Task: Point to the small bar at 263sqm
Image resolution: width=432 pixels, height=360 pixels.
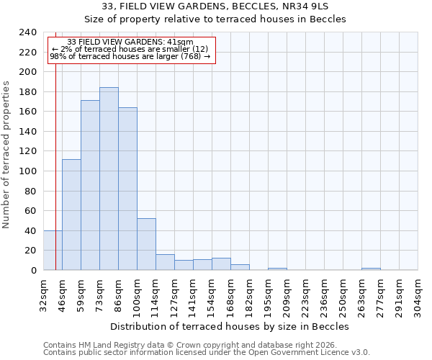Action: (x=371, y=269)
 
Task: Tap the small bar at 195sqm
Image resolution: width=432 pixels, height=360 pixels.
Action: (x=277, y=269)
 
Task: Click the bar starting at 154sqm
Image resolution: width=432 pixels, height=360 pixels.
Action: (x=221, y=264)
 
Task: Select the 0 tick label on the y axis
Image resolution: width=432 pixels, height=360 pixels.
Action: (x=33, y=271)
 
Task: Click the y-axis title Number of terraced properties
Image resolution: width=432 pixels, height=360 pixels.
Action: (x=7, y=154)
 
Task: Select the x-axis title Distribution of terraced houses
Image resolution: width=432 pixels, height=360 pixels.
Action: (x=230, y=326)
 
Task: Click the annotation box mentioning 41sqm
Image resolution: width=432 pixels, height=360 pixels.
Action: (x=131, y=50)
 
